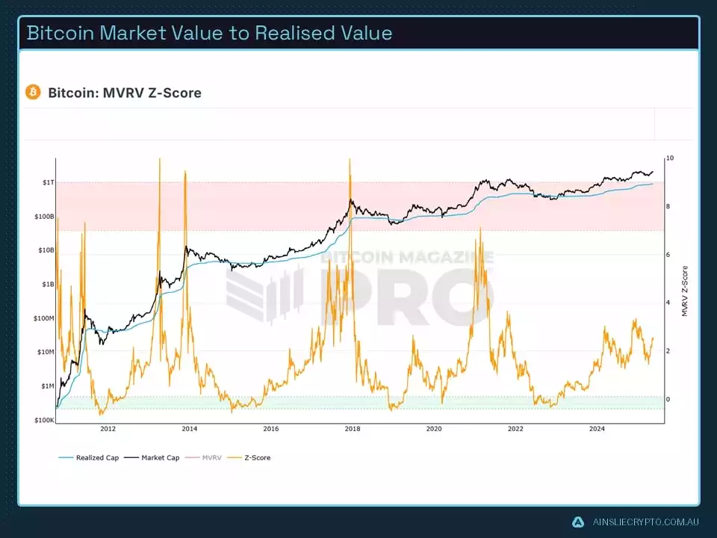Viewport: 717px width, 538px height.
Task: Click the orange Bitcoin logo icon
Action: [x=33, y=92]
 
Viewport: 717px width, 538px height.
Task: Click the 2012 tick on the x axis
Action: [x=108, y=429]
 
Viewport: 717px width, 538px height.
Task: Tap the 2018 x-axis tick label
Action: [x=353, y=429]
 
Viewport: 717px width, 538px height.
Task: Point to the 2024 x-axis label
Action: [x=597, y=429]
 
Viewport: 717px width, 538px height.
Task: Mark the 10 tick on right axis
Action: [x=670, y=158]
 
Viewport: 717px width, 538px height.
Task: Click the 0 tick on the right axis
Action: [x=669, y=400]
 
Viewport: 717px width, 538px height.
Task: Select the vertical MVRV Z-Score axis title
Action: [x=685, y=291]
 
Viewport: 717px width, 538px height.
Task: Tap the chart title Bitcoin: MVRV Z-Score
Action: [x=125, y=93]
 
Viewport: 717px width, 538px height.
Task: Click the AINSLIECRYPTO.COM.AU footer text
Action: [x=645, y=522]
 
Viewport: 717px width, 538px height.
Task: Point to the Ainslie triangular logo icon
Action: [x=577, y=522]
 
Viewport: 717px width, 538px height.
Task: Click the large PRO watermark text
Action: [x=396, y=299]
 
